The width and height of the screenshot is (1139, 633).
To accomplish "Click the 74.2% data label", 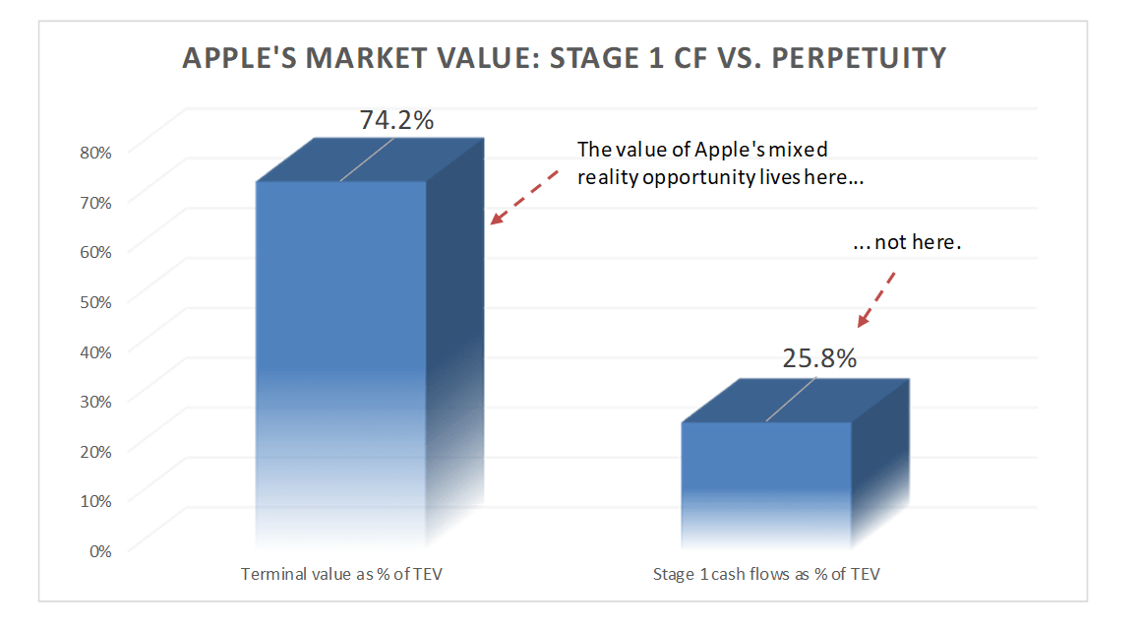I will click(x=396, y=120).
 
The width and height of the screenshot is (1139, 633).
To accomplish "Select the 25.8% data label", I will click(x=819, y=358).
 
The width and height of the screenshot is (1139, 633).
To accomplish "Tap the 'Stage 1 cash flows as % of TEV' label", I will click(x=766, y=574).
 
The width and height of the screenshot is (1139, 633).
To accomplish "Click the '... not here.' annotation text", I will click(x=904, y=242).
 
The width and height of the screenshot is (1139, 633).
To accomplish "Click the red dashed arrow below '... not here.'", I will click(x=877, y=297).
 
